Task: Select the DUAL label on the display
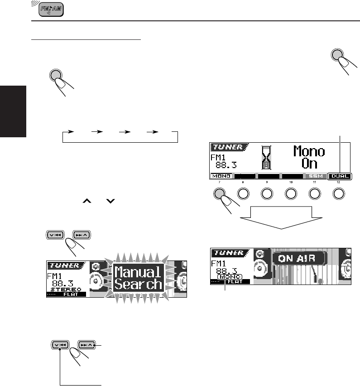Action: tap(341, 176)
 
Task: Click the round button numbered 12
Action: tap(339, 193)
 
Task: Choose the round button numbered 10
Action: tap(291, 193)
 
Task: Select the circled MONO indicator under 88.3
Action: tap(230, 277)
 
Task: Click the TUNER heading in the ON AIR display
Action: tap(229, 253)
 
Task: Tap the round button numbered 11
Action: tap(315, 193)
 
